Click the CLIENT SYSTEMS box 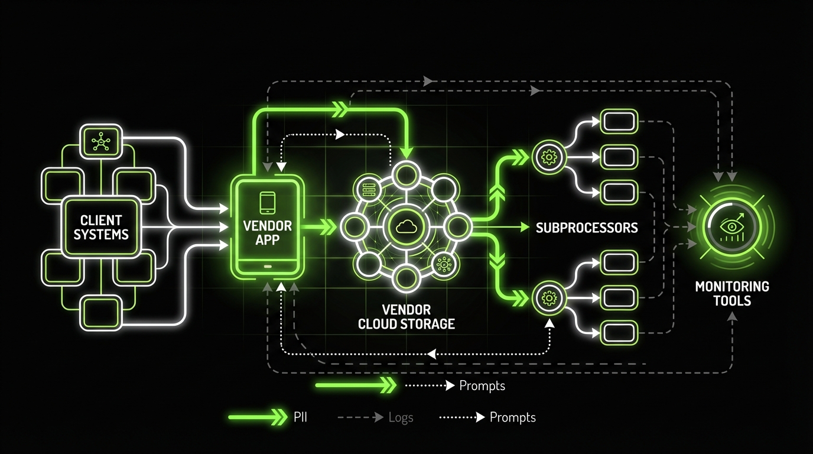coord(101,227)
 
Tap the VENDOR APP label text coord(267,232)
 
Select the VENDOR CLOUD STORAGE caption coord(406,317)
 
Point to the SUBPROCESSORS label coord(587,228)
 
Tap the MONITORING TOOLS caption coord(731,294)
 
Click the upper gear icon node coord(549,157)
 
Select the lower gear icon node coord(549,299)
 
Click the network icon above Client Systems coord(101,141)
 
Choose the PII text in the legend coord(300,417)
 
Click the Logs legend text coord(401,417)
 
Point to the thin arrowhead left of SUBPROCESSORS coord(524,227)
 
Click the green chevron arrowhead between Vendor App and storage coord(326,227)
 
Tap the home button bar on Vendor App coord(267,266)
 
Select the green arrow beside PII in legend coord(257,417)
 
